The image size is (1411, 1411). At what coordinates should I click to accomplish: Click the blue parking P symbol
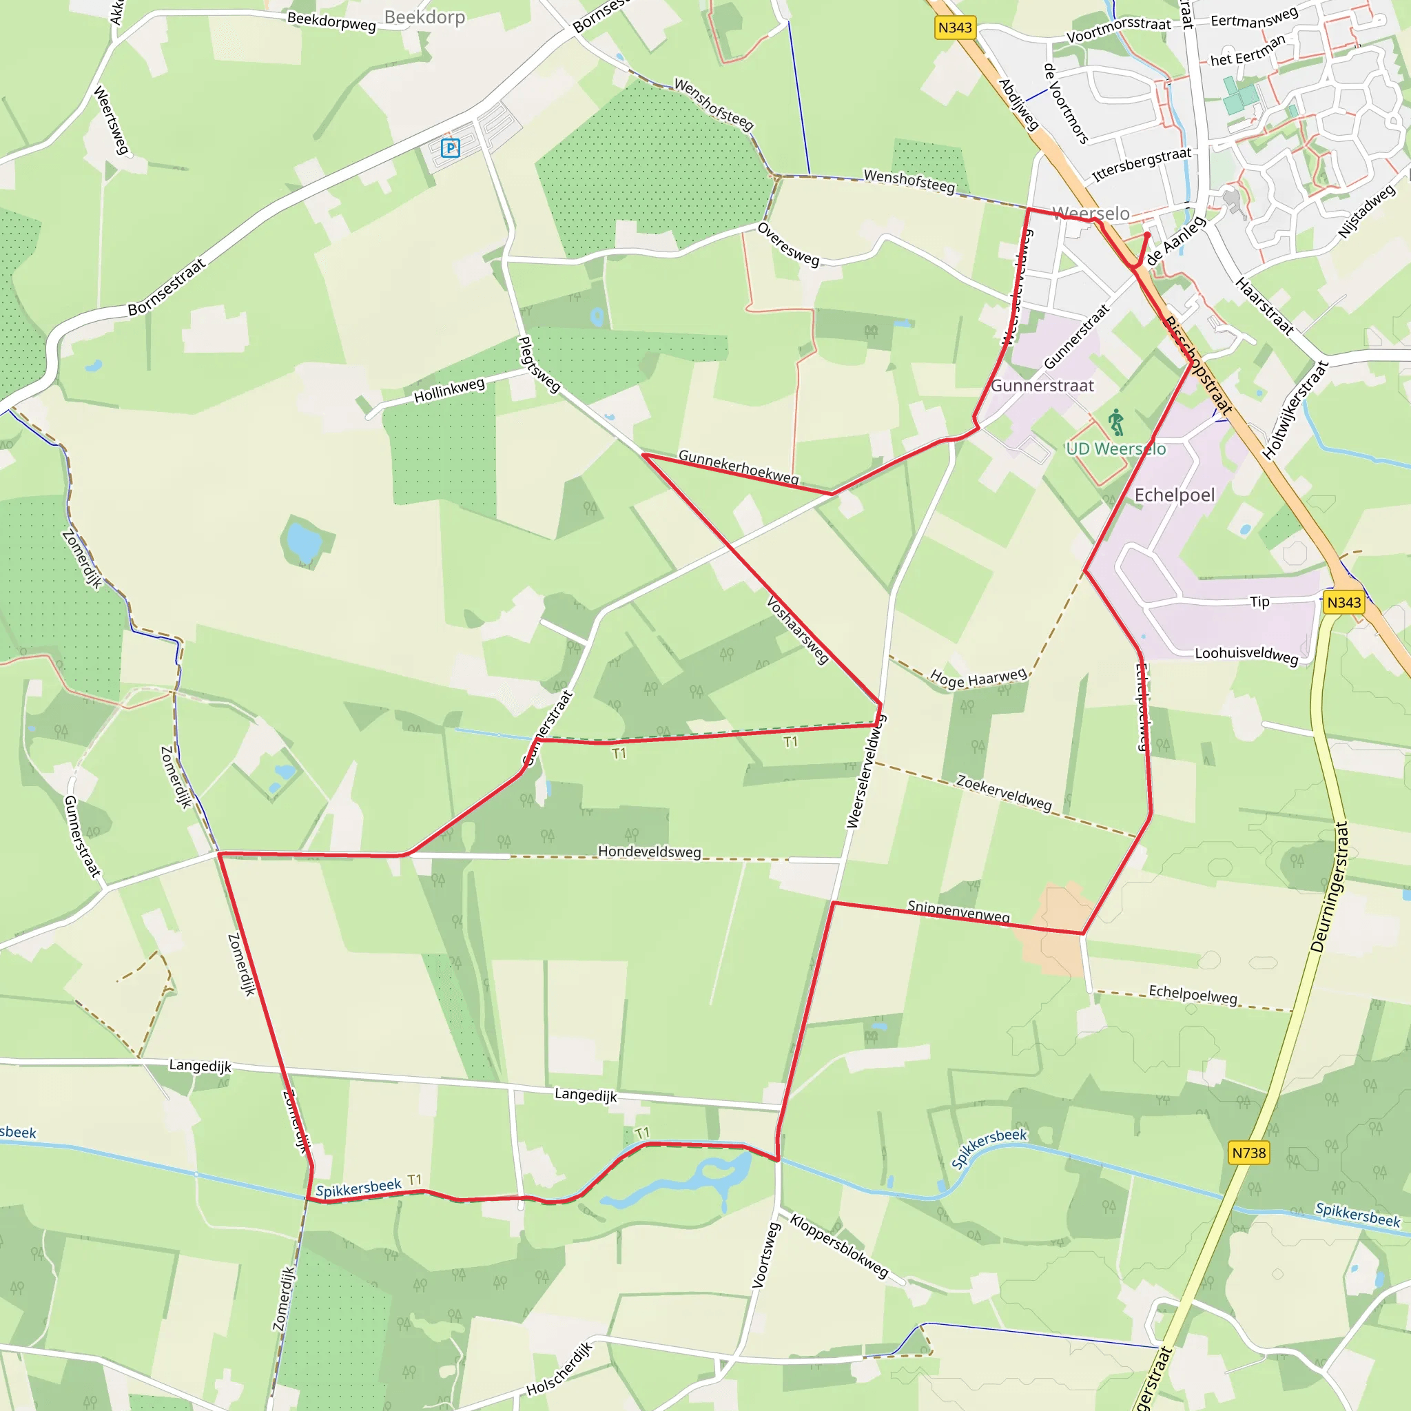(451, 148)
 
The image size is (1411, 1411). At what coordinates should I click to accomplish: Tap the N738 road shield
(1248, 1153)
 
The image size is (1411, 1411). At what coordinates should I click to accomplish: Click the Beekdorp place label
(424, 17)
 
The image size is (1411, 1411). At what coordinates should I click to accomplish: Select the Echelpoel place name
(1175, 495)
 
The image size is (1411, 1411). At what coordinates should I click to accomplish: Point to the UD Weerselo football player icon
(1116, 422)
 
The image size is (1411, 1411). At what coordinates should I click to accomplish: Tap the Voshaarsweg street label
(798, 630)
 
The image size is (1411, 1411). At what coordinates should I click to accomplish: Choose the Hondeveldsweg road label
(649, 852)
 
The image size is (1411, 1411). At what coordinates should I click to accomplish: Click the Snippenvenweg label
(958, 912)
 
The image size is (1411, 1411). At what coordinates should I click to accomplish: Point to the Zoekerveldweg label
(1005, 793)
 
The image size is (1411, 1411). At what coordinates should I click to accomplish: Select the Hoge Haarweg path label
(978, 679)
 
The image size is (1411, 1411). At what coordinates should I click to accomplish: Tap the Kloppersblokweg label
(839, 1246)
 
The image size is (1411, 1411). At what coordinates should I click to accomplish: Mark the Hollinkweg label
(449, 391)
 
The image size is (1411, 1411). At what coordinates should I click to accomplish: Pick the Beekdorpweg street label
(331, 21)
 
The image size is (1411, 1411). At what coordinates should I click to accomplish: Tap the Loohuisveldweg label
(1246, 655)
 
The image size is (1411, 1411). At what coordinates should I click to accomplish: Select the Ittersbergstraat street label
(1142, 165)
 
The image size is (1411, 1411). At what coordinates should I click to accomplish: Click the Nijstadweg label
(1366, 212)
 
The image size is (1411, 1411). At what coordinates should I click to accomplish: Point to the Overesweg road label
(788, 244)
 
